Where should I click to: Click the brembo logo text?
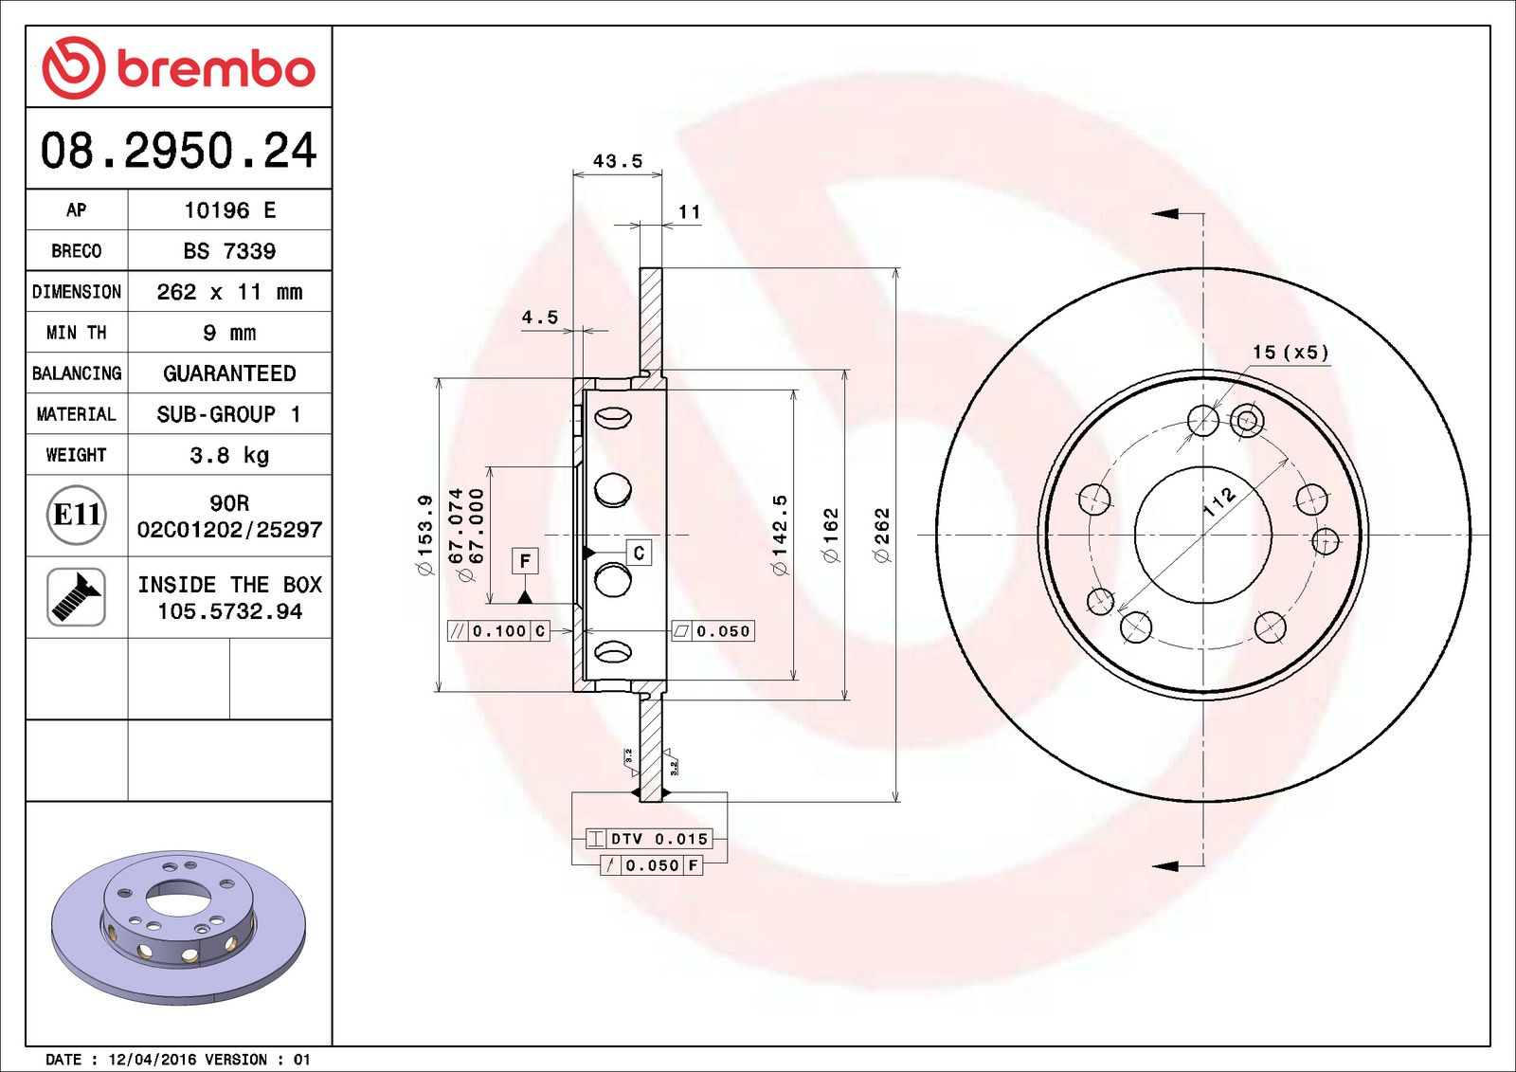click(x=215, y=68)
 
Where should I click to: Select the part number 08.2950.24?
click(x=178, y=151)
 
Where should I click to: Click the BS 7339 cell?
click(x=229, y=251)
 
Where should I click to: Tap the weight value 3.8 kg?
click(x=229, y=455)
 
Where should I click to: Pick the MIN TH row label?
click(x=76, y=333)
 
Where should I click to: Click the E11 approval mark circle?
click(x=76, y=515)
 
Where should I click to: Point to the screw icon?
click(x=76, y=596)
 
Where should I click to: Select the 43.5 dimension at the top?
click(x=617, y=161)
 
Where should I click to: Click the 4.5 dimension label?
click(x=539, y=318)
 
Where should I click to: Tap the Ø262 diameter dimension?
click(x=882, y=535)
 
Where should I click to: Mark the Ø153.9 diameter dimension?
click(x=425, y=535)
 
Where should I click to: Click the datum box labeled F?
click(x=525, y=561)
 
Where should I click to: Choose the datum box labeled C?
click(x=639, y=553)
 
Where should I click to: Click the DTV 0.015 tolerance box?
click(x=649, y=839)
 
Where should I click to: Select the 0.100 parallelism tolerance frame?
click(x=498, y=631)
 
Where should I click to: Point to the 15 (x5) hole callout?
click(x=1290, y=353)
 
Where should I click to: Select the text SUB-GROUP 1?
click(x=229, y=414)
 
